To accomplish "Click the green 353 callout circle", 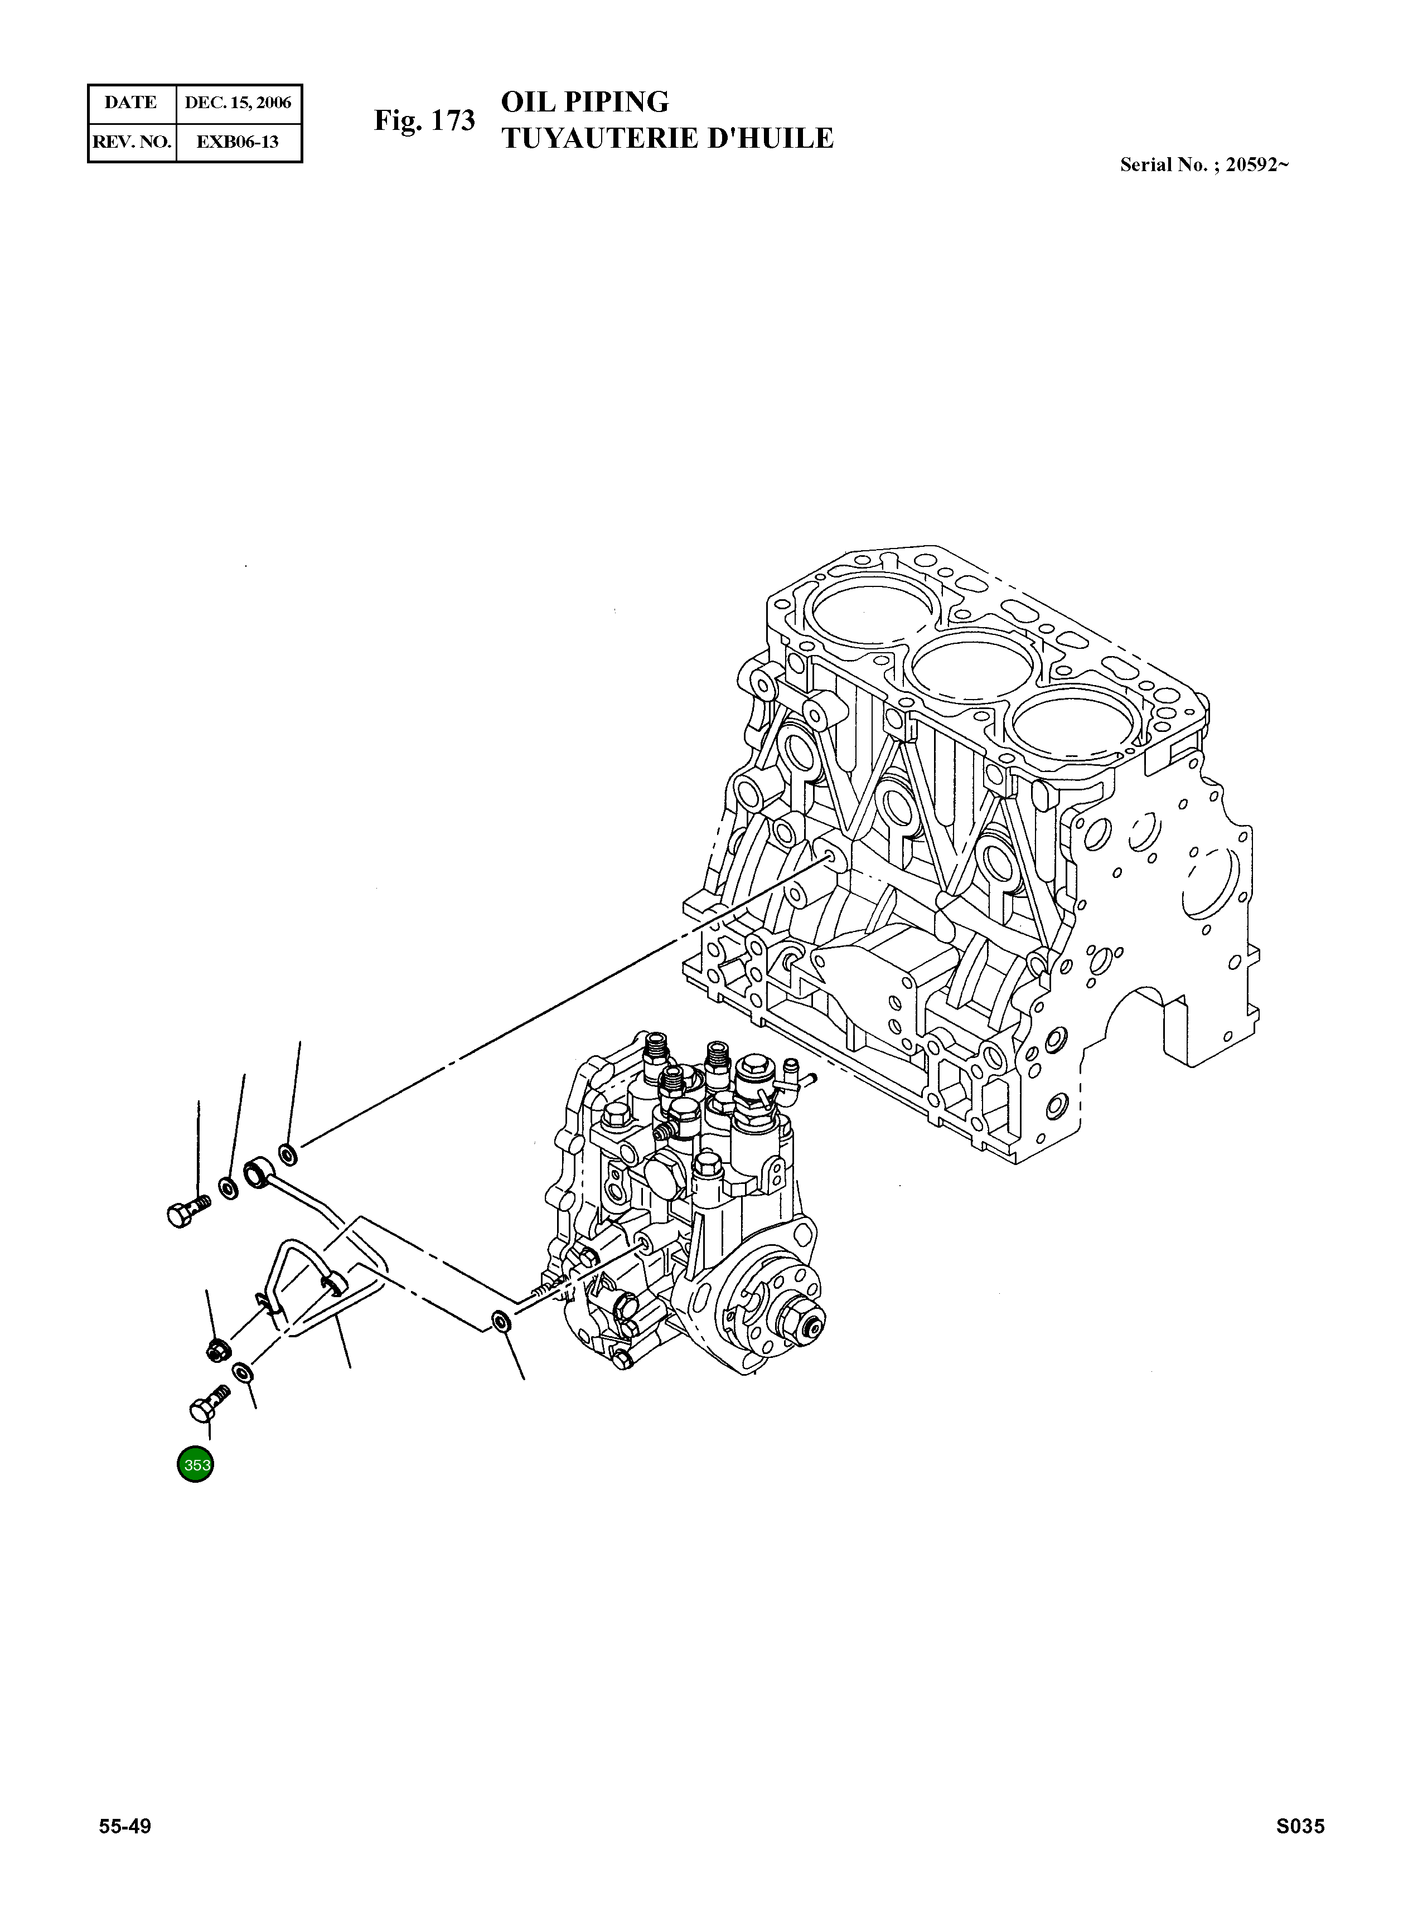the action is pos(194,1465).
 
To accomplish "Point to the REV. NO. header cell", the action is pos(131,142).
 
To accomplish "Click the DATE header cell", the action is pos(130,103).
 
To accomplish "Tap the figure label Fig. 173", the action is pos(424,121).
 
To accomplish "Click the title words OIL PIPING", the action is pos(585,101).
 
